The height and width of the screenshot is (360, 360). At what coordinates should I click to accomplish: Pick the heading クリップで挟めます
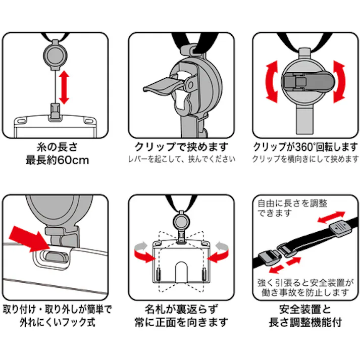coord(181,147)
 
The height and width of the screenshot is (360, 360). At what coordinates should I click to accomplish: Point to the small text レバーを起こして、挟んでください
coord(181,160)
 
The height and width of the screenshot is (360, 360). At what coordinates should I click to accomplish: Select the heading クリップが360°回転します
coord(305,147)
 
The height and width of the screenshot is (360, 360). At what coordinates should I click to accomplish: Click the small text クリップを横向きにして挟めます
coord(305,160)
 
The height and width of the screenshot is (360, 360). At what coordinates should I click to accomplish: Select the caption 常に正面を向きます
coord(181,322)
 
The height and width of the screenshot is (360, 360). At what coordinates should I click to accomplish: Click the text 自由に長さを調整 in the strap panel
coord(286,203)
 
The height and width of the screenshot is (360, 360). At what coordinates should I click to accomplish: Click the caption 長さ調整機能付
coord(305,322)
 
